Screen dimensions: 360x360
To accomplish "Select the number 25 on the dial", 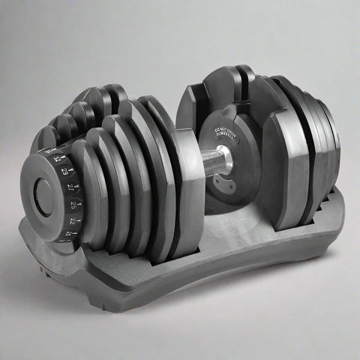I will tap(73, 205).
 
